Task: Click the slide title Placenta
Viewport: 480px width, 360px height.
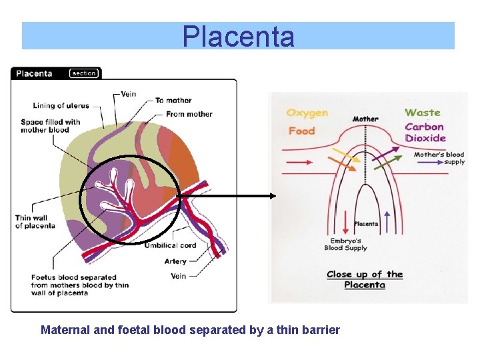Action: tap(238, 37)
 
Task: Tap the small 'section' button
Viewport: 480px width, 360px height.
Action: tap(84, 73)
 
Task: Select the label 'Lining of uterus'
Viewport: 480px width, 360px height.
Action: tap(61, 105)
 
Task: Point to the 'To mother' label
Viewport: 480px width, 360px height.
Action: tap(173, 101)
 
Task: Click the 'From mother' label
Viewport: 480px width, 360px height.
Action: tap(189, 114)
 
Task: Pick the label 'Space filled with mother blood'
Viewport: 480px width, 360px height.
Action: tap(50, 126)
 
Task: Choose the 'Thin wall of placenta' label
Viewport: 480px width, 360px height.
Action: tap(35, 222)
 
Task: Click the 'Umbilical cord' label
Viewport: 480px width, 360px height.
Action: tap(171, 245)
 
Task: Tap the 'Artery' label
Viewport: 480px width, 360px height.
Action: tap(175, 261)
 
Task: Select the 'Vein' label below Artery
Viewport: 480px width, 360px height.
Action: tap(178, 276)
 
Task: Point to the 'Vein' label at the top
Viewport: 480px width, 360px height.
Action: tap(129, 94)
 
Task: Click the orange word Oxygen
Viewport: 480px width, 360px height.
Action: tap(307, 113)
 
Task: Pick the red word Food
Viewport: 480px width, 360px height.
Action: tap(301, 131)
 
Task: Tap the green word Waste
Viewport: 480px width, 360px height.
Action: tap(422, 113)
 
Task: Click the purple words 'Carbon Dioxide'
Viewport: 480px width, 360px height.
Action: tap(425, 133)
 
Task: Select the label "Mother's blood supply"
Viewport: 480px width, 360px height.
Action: tap(439, 158)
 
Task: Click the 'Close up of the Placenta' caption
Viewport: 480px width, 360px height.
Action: tap(365, 279)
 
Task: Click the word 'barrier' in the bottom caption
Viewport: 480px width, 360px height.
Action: tap(321, 330)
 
